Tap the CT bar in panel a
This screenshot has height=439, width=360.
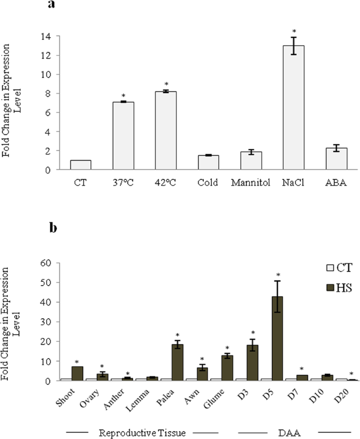(80, 165)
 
